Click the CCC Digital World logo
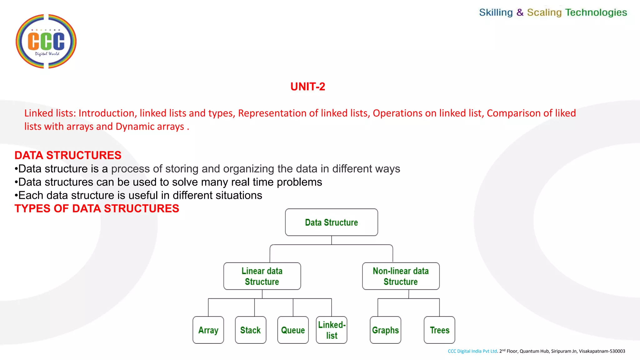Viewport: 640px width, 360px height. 46,41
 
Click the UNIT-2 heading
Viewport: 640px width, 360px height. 307,87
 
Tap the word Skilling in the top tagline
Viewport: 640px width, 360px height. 496,12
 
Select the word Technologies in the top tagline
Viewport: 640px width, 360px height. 596,12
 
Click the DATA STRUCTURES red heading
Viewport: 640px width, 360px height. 68,155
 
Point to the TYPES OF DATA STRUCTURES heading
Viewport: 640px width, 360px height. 97,208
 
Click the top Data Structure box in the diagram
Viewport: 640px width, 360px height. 331,222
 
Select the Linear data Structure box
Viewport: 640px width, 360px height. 262,276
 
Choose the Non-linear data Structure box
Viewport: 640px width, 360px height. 401,276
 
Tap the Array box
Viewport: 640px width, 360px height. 208,330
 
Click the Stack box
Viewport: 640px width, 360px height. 250,330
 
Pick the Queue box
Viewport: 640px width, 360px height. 293,330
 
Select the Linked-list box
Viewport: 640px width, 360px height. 332,330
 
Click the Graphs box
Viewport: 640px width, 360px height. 385,330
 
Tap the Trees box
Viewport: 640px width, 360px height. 439,330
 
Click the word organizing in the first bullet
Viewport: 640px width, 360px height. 248,169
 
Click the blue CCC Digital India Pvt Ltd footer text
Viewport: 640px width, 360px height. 472,351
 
